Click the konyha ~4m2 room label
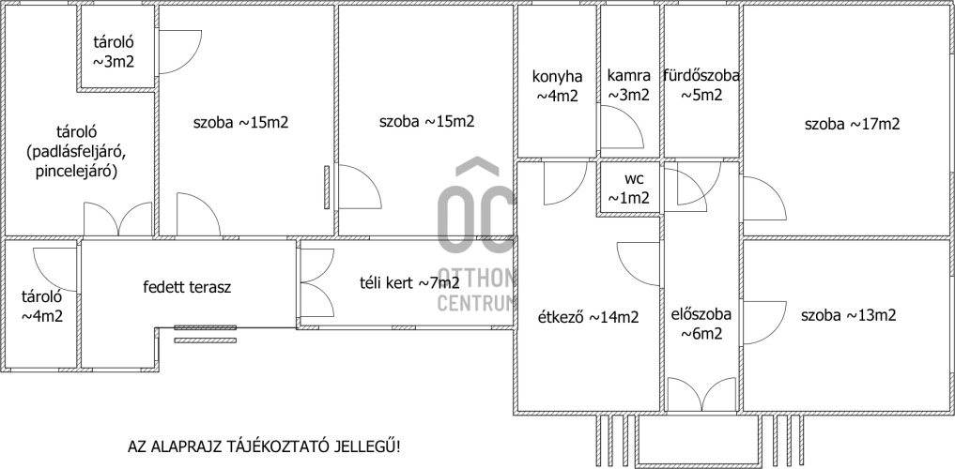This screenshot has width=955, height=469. (557, 85)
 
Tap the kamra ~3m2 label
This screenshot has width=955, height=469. (628, 85)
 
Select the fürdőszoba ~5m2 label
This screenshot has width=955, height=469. (701, 85)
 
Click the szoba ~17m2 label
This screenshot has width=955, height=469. (852, 125)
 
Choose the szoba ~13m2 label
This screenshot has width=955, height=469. (848, 315)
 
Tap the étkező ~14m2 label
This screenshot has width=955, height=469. (589, 317)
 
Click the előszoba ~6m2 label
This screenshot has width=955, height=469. (701, 325)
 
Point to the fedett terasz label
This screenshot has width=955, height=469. (187, 287)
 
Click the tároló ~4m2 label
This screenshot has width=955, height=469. (42, 307)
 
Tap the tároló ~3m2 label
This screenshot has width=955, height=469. (114, 53)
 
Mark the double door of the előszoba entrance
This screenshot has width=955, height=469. (701, 395)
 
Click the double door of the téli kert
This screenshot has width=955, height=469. (317, 283)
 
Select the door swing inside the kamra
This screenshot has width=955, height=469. (621, 128)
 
